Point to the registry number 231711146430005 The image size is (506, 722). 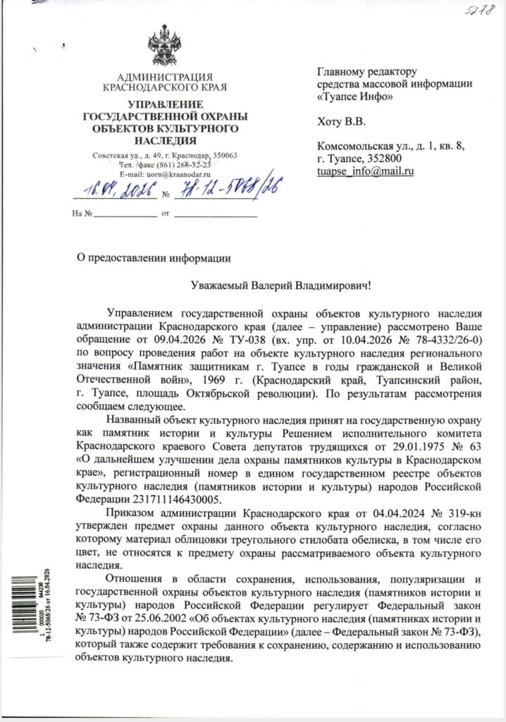pyautogui.click(x=163, y=499)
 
